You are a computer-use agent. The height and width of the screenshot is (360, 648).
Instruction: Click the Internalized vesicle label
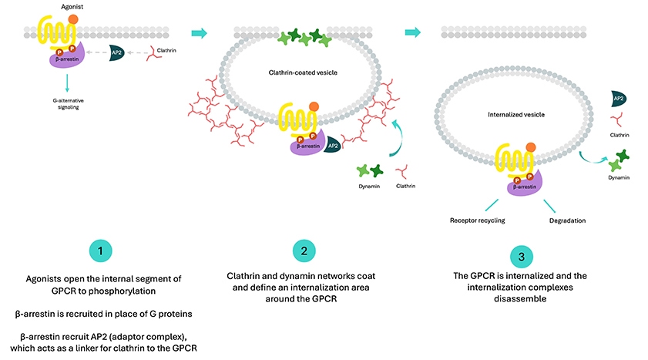pos(516,114)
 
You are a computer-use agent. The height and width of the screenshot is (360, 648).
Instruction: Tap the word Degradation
pos(567,220)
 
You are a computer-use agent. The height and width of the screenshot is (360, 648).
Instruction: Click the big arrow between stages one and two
pos(199,33)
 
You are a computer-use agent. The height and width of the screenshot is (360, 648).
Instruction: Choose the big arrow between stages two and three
pos(414,32)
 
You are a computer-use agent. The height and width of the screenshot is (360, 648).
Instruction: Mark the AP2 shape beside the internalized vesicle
pos(618,98)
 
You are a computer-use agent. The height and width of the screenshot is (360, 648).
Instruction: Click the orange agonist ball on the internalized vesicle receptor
pos(530,146)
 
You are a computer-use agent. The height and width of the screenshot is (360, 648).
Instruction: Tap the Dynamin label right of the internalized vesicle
pos(618,177)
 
